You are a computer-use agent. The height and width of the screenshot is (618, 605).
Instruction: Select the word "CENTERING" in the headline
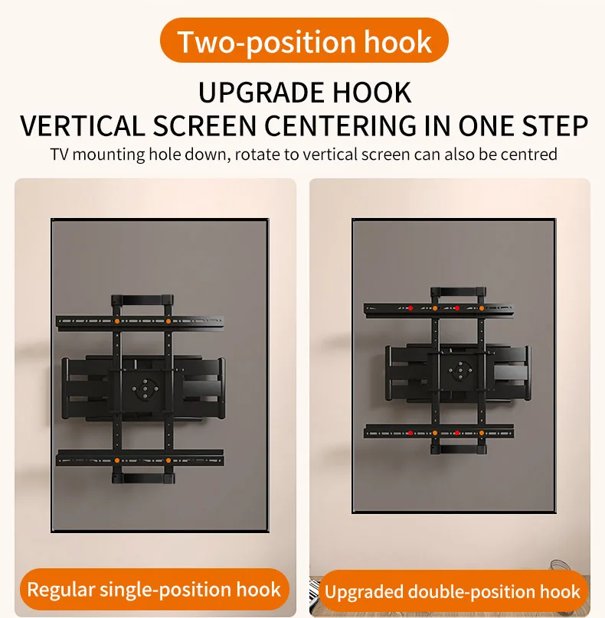click(x=340, y=126)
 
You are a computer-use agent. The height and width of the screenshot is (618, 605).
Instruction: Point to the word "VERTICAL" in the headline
click(x=83, y=126)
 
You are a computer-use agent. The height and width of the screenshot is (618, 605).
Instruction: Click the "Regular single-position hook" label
click(x=154, y=589)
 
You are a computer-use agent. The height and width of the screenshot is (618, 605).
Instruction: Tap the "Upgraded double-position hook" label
click(x=453, y=591)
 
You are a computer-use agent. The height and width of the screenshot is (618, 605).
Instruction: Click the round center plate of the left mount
click(x=145, y=389)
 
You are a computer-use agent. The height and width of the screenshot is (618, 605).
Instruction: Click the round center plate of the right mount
click(x=459, y=370)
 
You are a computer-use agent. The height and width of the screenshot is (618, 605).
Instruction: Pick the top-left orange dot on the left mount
click(x=117, y=321)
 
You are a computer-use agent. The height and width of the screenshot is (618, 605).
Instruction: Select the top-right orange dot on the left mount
click(x=168, y=321)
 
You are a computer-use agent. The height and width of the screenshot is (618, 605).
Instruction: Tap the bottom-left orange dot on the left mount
click(x=117, y=460)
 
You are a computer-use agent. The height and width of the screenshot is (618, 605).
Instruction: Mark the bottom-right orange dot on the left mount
click(x=168, y=460)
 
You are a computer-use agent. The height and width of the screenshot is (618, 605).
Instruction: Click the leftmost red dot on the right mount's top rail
click(x=410, y=308)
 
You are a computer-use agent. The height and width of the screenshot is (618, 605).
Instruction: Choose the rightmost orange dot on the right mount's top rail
click(x=482, y=308)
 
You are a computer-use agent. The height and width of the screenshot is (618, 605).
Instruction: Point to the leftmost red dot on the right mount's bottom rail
click(x=410, y=433)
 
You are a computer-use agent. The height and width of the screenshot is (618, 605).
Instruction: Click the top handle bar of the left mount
click(x=142, y=300)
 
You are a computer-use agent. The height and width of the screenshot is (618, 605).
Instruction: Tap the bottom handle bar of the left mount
click(x=142, y=478)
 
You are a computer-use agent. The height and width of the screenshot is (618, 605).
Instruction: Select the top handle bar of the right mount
click(x=458, y=291)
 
